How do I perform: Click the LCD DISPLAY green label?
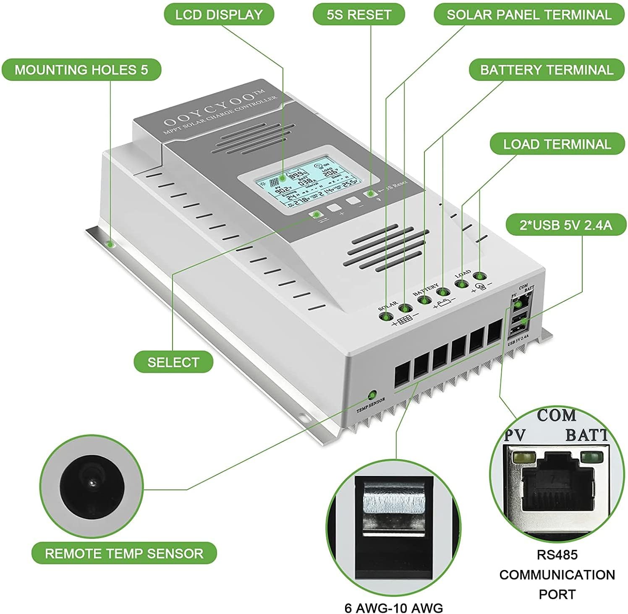(218, 15)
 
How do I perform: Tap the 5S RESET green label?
(358, 15)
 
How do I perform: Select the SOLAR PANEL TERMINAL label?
(529, 15)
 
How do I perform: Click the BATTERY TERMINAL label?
(546, 70)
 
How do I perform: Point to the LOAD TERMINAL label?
(557, 144)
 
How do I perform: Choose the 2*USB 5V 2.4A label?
(565, 225)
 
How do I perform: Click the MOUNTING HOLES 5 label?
(81, 70)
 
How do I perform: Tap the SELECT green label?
(173, 362)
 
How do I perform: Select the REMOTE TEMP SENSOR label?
(124, 553)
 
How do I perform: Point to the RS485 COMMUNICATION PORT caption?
(557, 574)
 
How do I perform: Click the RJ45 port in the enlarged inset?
(557, 482)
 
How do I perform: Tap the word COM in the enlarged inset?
(556, 415)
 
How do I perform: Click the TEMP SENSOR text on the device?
(370, 405)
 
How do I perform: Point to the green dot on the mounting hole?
(110, 244)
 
